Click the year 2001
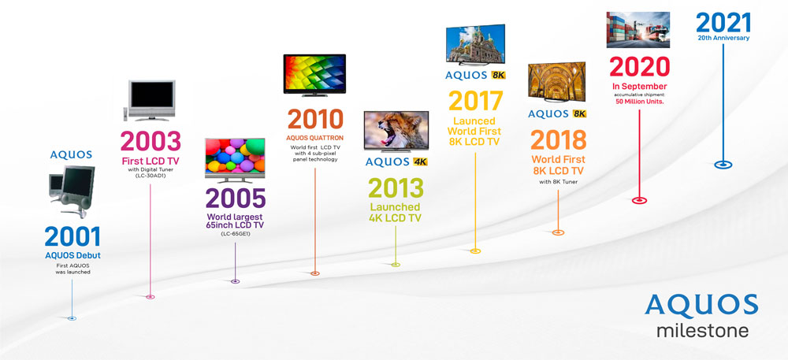tap(72, 236)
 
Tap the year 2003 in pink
tap(151, 142)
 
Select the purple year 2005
tap(235, 199)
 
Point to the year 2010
tap(315, 120)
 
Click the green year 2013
tap(396, 188)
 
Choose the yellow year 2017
tap(475, 101)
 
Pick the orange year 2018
tap(559, 140)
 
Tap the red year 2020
tap(639, 67)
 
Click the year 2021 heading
tap(723, 23)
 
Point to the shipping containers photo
tap(637, 30)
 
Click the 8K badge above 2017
tap(498, 76)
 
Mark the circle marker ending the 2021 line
tap(723, 165)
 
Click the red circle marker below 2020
tap(639, 200)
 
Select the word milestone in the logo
tap(702, 332)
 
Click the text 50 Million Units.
tap(640, 102)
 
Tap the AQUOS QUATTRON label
tap(315, 138)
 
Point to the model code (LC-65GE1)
tap(235, 234)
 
